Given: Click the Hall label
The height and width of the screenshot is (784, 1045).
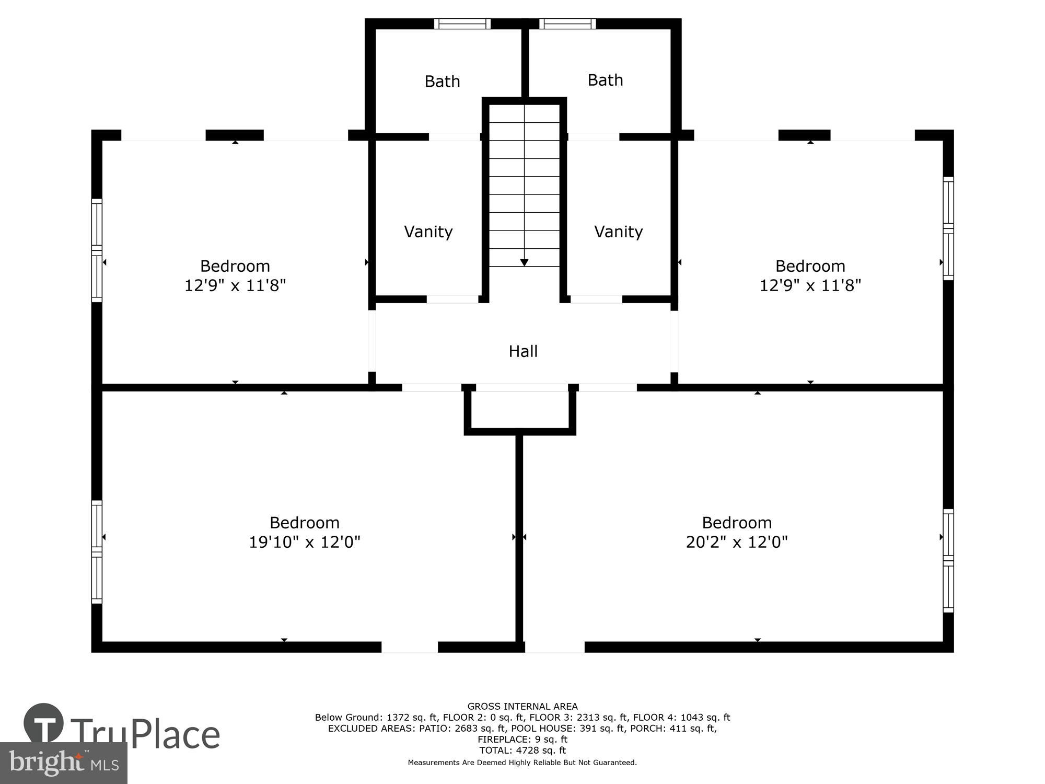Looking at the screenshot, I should click(523, 351).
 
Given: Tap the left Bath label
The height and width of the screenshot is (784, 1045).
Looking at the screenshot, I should click(442, 82).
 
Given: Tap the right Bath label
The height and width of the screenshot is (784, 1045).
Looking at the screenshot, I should click(605, 80).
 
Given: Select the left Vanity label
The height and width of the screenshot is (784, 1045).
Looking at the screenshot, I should click(428, 232).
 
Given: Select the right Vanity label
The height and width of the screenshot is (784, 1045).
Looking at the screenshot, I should click(618, 232).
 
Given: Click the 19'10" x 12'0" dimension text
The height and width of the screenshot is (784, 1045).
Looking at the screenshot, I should click(305, 542).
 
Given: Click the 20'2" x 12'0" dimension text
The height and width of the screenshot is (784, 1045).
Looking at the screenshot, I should click(736, 542).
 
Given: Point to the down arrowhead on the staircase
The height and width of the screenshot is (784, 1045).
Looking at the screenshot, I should click(524, 262).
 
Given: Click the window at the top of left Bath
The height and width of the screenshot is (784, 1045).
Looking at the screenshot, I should click(462, 24).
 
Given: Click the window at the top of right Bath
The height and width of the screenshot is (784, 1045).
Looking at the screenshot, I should click(567, 24).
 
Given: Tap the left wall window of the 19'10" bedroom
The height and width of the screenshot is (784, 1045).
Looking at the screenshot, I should click(97, 551).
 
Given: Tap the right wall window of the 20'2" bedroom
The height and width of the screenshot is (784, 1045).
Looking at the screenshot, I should click(948, 560).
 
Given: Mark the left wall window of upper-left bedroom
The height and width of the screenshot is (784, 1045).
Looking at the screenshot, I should click(97, 250).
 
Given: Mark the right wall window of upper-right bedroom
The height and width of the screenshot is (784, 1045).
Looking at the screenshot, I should click(948, 228).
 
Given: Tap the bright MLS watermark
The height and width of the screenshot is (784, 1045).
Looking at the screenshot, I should click(63, 763).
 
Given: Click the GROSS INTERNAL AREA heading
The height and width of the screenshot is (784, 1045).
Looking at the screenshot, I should click(522, 706).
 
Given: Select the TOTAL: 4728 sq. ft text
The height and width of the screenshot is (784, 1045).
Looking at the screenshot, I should click(522, 750).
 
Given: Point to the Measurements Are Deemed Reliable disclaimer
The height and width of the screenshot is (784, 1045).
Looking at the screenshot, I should click(522, 763).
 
